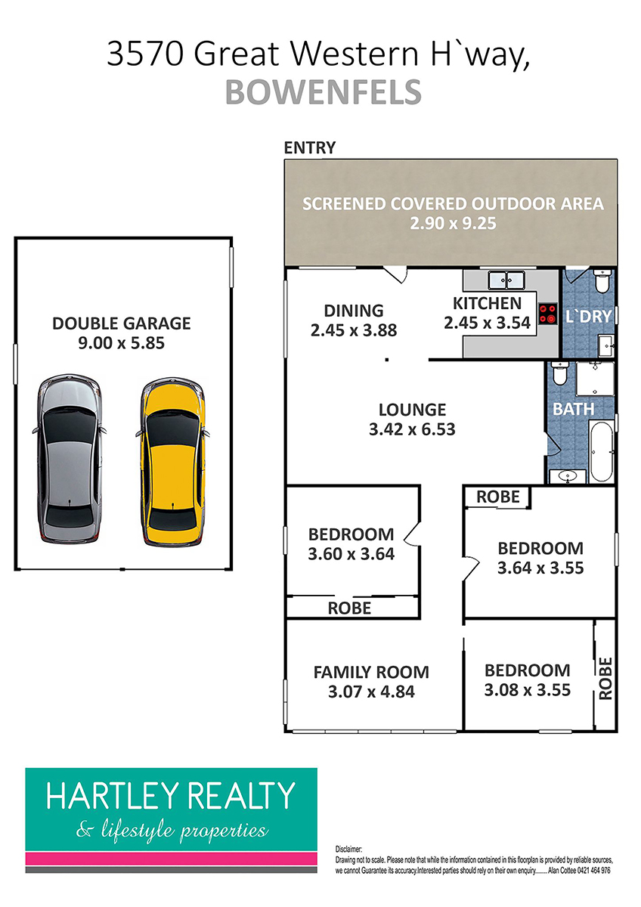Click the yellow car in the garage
(172, 463)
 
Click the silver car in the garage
(70, 459)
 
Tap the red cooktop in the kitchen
(547, 314)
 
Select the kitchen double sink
(506, 280)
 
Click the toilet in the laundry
(601, 281)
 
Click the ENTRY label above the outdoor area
(310, 148)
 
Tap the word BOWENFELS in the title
(323, 92)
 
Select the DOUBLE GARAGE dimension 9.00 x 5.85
(122, 343)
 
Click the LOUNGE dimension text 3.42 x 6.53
(412, 429)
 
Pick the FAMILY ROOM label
(371, 672)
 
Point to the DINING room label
(354, 311)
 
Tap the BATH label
(574, 410)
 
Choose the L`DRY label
(588, 316)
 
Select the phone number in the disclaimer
(593, 870)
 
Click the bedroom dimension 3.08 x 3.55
(527, 690)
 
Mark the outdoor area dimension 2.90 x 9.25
(453, 224)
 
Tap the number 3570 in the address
(145, 54)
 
